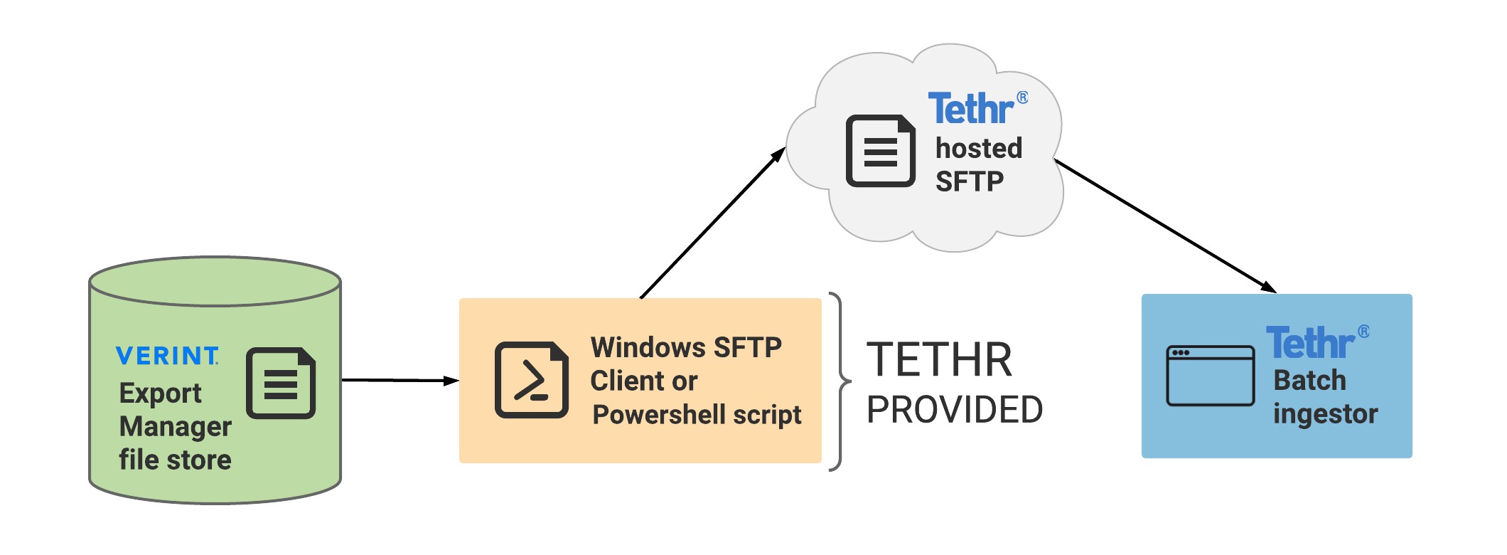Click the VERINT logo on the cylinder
click(167, 355)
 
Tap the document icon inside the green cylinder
click(281, 383)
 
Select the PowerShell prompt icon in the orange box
click(531, 380)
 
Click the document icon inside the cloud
click(881, 151)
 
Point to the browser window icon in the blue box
click(1210, 376)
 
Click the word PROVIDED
click(955, 410)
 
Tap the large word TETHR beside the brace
click(939, 360)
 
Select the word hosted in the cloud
click(979, 148)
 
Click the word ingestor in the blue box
click(1325, 414)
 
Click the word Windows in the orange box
click(648, 347)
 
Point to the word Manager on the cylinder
click(175, 426)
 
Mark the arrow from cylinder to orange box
click(399, 381)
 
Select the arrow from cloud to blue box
click(1164, 226)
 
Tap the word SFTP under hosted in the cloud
click(969, 181)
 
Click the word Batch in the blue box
click(1309, 381)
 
